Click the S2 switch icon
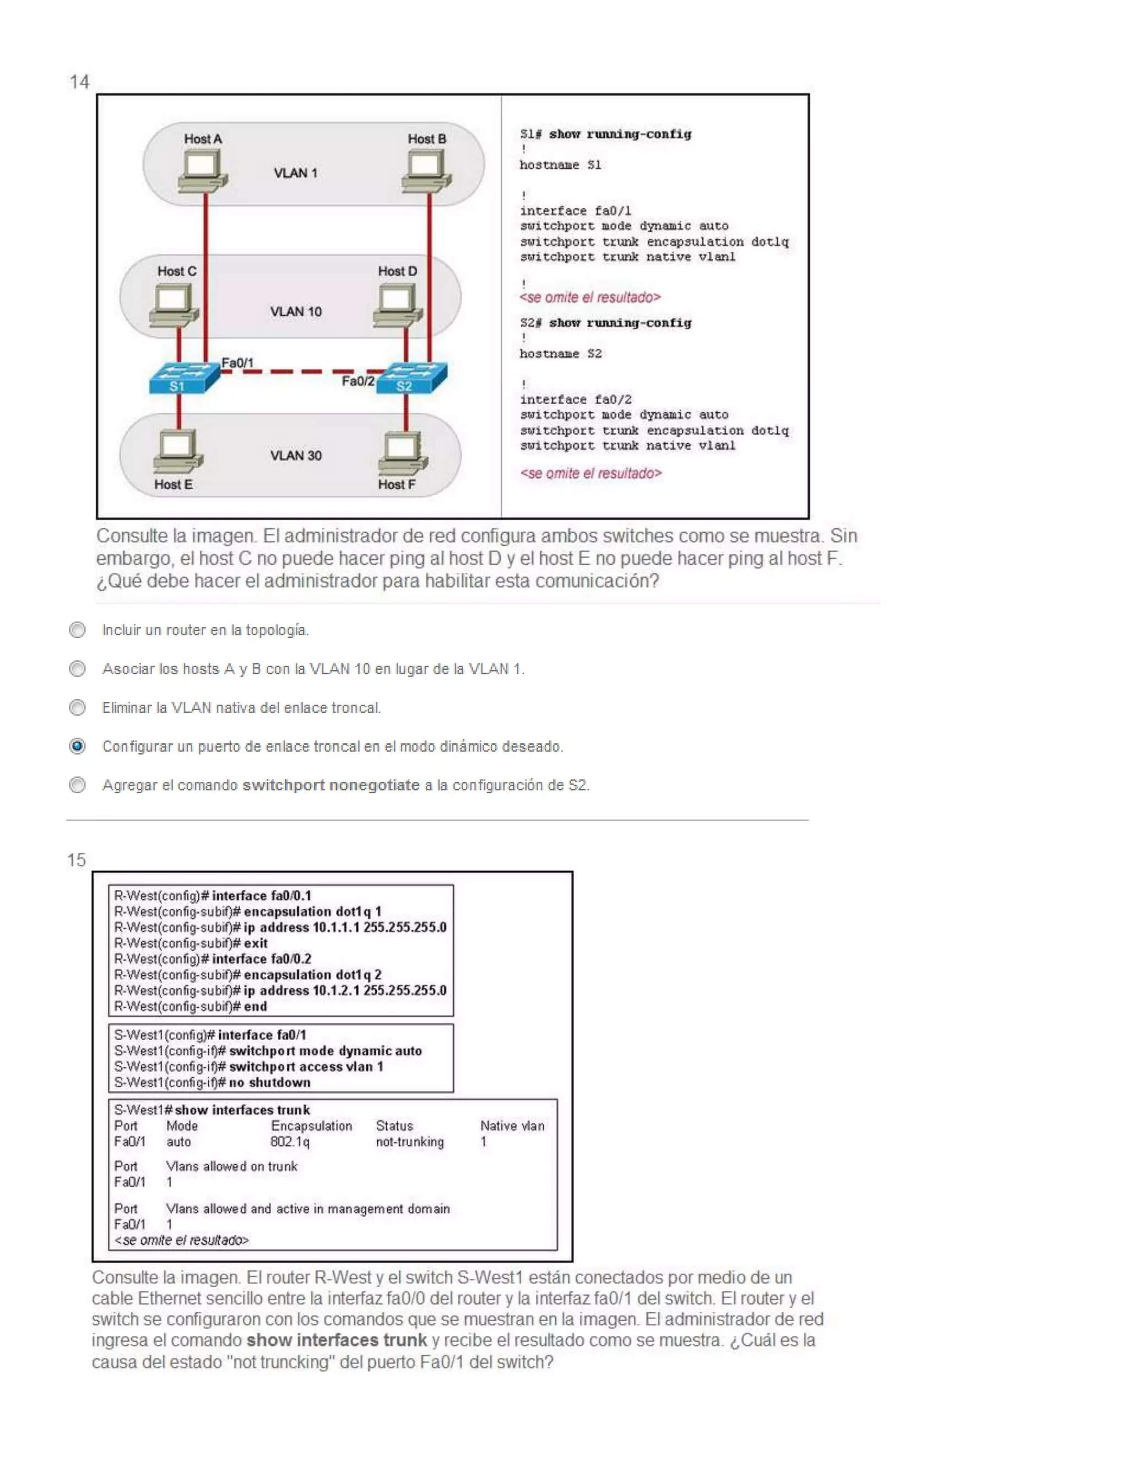pos(411,378)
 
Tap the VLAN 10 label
pos(296,311)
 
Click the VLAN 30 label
pos(296,455)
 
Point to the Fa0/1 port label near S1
pos(238,363)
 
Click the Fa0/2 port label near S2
pos(357,381)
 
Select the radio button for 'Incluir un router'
pos(78,630)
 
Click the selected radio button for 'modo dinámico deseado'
pos(78,746)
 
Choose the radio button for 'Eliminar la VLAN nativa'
pos(78,707)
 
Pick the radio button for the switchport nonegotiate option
pos(78,785)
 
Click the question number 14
pos(79,82)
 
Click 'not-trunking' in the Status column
pos(410,1142)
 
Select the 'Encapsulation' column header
pos(311,1126)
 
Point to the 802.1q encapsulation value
pos(290,1142)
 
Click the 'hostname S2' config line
pos(561,354)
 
